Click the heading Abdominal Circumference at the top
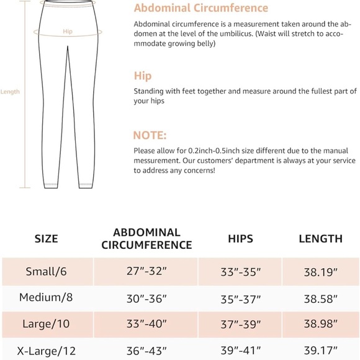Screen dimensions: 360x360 point(201,8)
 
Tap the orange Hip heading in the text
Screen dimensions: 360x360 point(143,76)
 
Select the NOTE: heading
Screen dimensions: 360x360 point(150,135)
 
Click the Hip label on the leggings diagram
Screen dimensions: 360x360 point(67,31)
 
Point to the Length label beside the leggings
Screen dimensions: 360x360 point(10,92)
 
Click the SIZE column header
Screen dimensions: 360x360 point(46,238)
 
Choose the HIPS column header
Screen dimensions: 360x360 point(240,238)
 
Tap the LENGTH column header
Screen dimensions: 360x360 point(320,238)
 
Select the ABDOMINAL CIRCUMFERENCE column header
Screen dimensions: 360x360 point(146,238)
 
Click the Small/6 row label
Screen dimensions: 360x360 point(47,272)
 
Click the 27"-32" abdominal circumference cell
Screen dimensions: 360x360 point(146,272)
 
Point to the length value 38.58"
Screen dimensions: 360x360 point(320,298)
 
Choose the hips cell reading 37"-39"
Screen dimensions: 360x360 point(240,325)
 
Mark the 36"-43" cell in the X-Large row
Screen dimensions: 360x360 point(146,350)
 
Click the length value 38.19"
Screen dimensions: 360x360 point(320,272)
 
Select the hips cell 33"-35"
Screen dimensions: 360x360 point(240,272)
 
